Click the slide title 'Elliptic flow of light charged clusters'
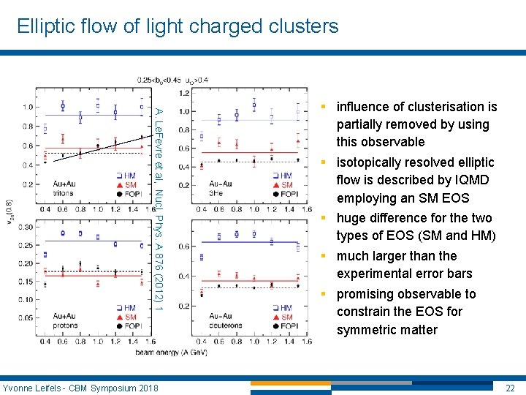(178, 27)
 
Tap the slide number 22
(511, 387)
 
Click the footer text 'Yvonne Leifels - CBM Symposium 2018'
(80, 387)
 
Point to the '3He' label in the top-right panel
(216, 193)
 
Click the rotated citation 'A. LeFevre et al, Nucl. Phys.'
(157, 161)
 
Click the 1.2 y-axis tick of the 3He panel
(185, 94)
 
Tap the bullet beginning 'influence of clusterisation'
(416, 124)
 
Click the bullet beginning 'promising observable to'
(405, 312)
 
